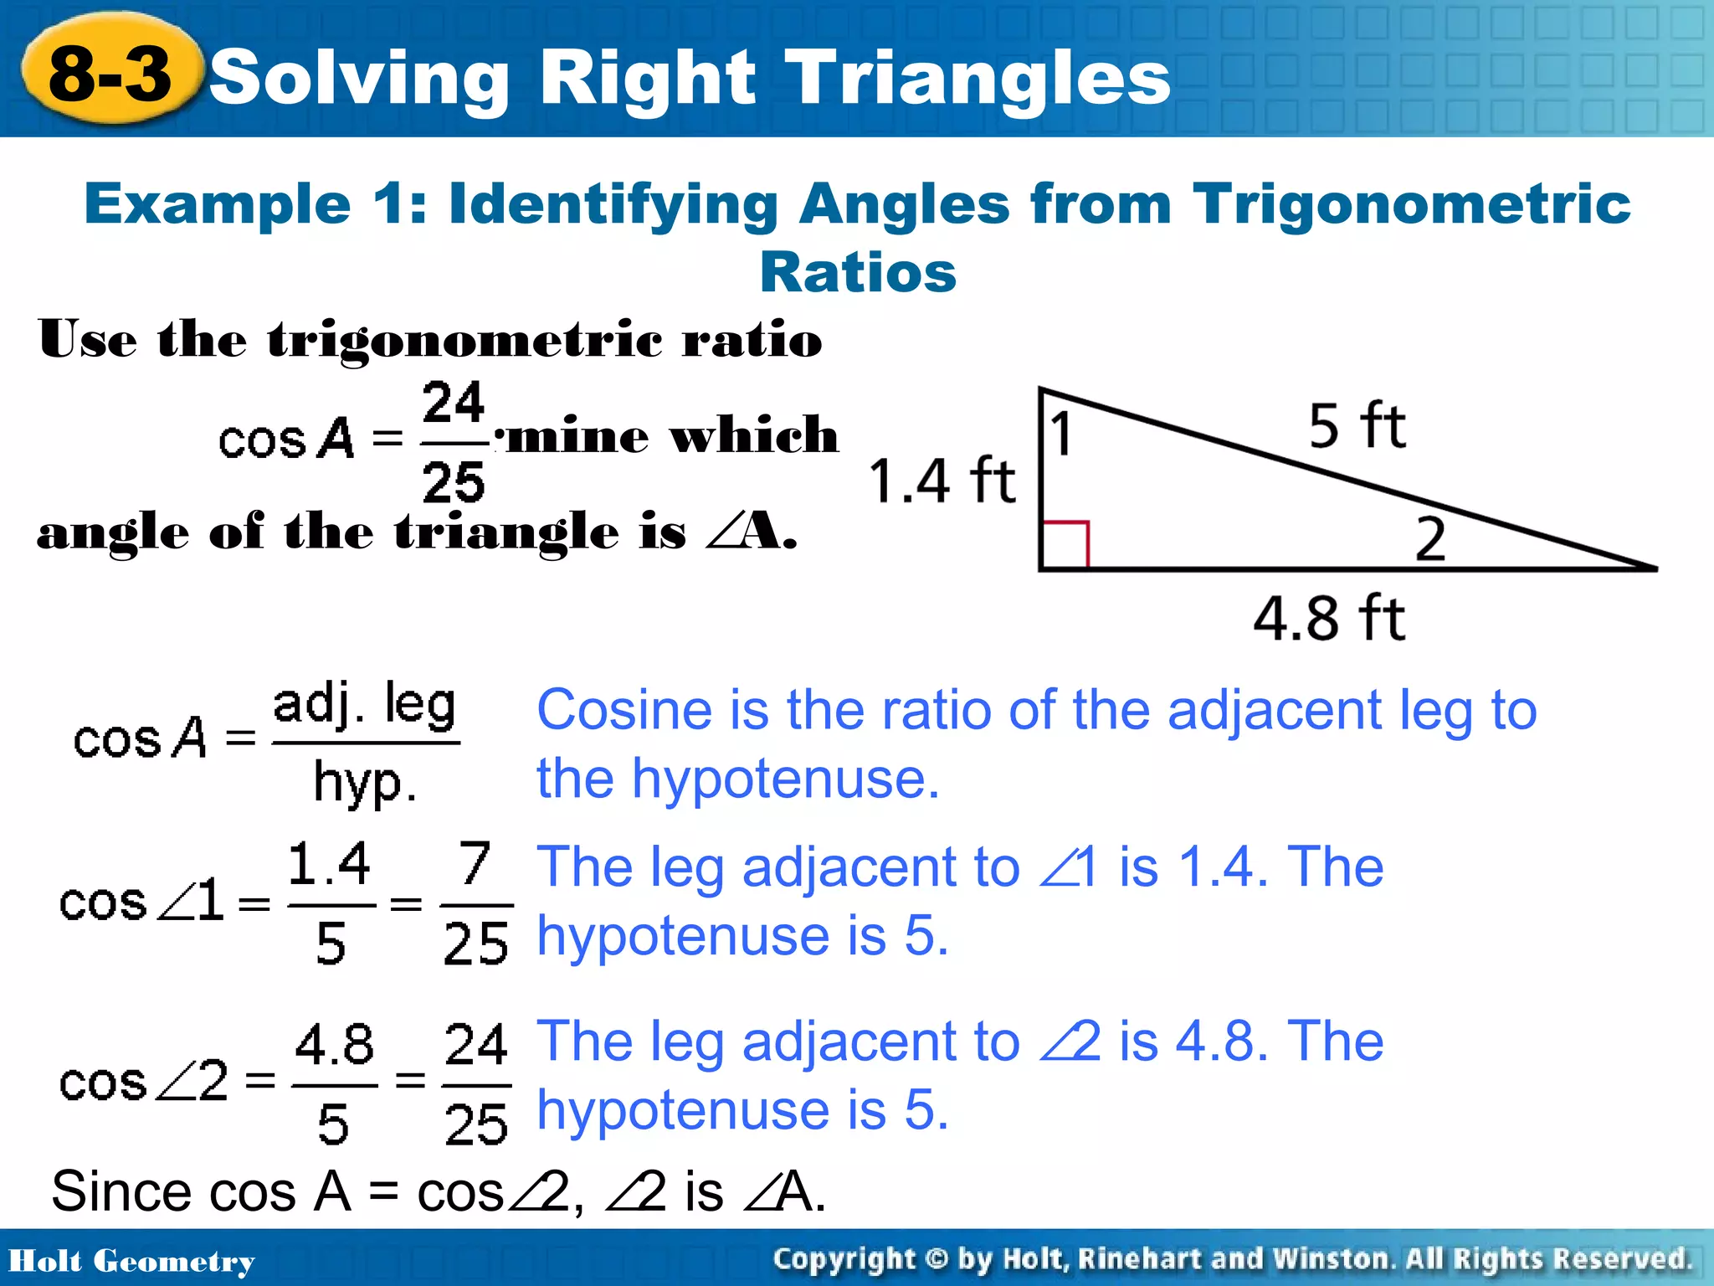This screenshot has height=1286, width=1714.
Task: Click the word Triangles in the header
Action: [979, 77]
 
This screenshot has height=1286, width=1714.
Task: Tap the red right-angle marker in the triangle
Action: [1065, 545]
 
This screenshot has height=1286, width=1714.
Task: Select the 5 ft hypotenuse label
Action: [1357, 426]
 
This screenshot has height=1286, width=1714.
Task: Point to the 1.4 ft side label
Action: [942, 481]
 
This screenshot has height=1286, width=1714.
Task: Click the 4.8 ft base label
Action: [1328, 619]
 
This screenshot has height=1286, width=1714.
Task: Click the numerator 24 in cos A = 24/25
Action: [453, 403]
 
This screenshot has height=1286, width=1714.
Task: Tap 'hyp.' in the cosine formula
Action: [365, 783]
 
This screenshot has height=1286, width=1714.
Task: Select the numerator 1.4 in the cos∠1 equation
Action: [329, 864]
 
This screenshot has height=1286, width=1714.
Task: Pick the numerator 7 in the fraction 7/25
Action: [475, 862]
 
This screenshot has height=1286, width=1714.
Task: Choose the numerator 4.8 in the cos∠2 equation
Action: [334, 1045]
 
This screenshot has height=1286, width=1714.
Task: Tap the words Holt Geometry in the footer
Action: [131, 1261]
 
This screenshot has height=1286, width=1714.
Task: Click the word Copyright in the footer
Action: [844, 1259]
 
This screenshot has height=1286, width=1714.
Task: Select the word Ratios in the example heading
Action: [858, 273]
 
